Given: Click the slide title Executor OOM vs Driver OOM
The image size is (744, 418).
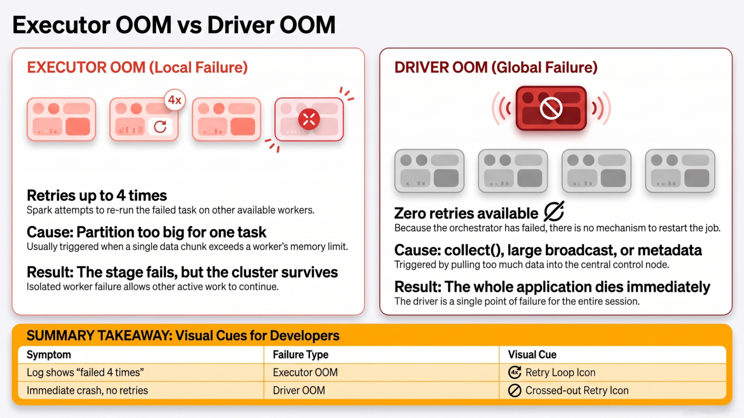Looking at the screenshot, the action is click(x=174, y=25).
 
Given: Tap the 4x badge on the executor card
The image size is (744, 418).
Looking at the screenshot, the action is click(x=175, y=100).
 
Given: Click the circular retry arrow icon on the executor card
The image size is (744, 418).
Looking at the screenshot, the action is click(x=160, y=126).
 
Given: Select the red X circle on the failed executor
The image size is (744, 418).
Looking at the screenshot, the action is click(x=309, y=119).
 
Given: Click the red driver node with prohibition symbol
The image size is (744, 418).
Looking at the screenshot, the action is click(x=551, y=108).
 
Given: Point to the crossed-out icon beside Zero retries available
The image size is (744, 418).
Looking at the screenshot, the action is click(x=554, y=211).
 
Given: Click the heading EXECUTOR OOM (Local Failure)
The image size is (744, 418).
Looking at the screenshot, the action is click(x=137, y=67).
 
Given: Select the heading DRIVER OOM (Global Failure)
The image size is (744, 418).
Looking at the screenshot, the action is click(x=496, y=67).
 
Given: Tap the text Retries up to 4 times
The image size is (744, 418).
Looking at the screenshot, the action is click(x=97, y=196).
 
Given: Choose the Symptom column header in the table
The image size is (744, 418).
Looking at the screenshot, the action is click(x=49, y=355).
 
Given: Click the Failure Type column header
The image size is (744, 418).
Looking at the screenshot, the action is click(x=300, y=355).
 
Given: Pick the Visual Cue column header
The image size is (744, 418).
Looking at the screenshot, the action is click(x=532, y=355).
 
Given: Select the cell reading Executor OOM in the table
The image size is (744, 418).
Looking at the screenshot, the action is click(x=305, y=373).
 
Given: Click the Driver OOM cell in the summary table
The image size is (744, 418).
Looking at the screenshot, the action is click(x=299, y=391).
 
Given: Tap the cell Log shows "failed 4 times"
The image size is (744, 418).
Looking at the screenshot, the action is click(x=85, y=373).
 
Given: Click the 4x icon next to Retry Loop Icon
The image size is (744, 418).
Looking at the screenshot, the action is click(x=514, y=373).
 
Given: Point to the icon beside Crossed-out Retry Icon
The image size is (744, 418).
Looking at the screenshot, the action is click(x=514, y=391).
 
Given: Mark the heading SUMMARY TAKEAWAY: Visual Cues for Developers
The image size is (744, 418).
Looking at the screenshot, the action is click(x=183, y=335).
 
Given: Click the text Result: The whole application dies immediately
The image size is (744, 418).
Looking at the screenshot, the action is click(x=552, y=287).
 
